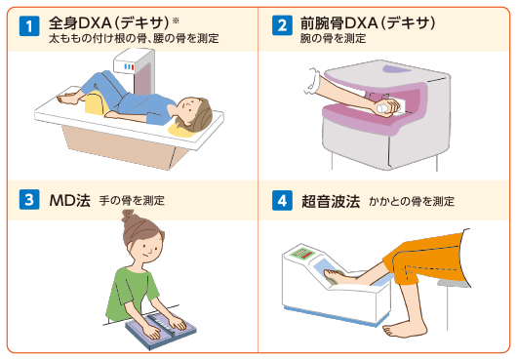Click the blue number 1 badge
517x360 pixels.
pyautogui.click(x=29, y=25)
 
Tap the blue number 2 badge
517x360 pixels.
pyautogui.click(x=282, y=25)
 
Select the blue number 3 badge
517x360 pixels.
pyautogui.click(x=29, y=199)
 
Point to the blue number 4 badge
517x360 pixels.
pyautogui.click(x=282, y=200)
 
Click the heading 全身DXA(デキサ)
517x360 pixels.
pyautogui.click(x=109, y=23)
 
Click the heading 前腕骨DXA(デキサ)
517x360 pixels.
pyautogui.click(x=368, y=23)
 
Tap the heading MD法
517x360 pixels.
pyautogui.click(x=69, y=200)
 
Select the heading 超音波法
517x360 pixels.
pyautogui.click(x=331, y=201)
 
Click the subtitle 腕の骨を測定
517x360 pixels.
pyautogui.click(x=333, y=39)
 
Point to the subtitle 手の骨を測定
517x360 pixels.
pyautogui.click(x=132, y=200)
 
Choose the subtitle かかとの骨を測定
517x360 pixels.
pyautogui.click(x=412, y=201)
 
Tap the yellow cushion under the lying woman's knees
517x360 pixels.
pyautogui.click(x=97, y=102)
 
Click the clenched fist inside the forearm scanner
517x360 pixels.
pyautogui.click(x=385, y=107)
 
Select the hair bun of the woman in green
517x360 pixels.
pyautogui.click(x=128, y=216)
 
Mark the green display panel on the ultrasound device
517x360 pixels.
pyautogui.click(x=302, y=253)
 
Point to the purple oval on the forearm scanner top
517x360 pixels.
pyautogui.click(x=397, y=69)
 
